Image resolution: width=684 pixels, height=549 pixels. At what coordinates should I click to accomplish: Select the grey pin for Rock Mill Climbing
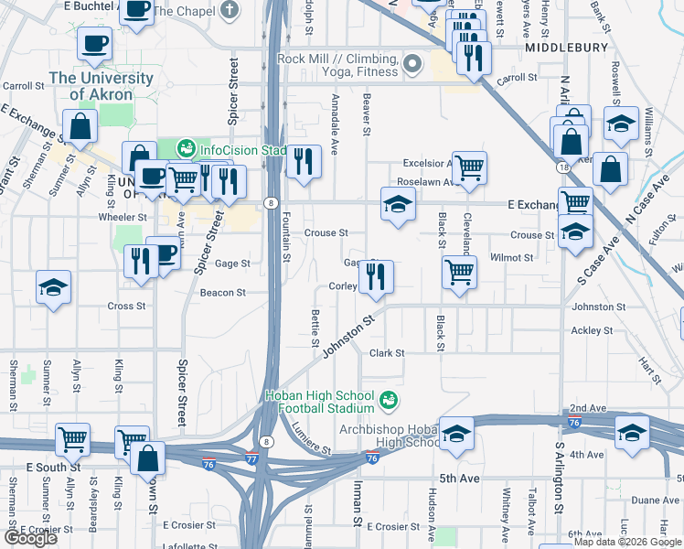click(x=412, y=64)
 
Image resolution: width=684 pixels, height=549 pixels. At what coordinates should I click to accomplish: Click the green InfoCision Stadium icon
click(x=186, y=148)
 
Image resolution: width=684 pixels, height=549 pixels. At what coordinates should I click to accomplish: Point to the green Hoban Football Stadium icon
click(x=389, y=401)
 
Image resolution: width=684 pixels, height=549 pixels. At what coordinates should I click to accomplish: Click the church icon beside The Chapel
click(x=230, y=11)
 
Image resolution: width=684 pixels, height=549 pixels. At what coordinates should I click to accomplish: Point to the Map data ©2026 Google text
click(x=627, y=542)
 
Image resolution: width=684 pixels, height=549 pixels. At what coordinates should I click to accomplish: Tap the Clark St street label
click(x=387, y=352)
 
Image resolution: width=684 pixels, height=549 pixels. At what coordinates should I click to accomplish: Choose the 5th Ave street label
click(x=459, y=479)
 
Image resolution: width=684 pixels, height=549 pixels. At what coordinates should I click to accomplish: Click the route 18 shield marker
click(x=565, y=168)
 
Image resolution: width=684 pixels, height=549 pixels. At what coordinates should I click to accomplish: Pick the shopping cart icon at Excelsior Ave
click(x=469, y=167)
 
